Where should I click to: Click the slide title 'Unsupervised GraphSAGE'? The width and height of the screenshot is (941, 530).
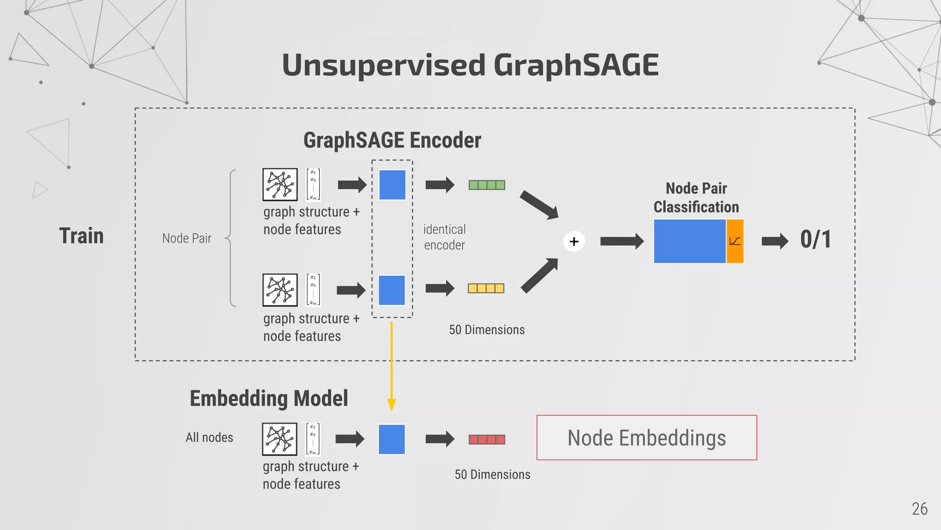[470, 65]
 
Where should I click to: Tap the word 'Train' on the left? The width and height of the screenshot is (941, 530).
[81, 236]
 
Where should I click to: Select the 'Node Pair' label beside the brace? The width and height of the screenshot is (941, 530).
[187, 238]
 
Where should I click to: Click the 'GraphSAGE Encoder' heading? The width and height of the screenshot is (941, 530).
[392, 140]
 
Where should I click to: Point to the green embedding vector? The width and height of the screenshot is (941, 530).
[487, 185]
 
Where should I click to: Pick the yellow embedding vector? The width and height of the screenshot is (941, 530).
[486, 288]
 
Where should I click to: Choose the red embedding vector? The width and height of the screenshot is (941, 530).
[487, 439]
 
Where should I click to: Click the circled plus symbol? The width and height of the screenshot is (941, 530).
[574, 242]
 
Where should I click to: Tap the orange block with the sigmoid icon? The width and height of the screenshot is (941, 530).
[735, 241]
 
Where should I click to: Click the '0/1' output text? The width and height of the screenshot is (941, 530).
[816, 240]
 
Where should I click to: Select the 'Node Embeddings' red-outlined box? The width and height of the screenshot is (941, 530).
[646, 438]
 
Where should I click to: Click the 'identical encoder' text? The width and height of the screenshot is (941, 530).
[444, 237]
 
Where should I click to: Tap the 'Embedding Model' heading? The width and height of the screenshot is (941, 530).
[269, 398]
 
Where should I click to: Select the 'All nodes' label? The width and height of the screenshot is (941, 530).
[209, 438]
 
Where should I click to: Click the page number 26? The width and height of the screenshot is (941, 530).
[919, 509]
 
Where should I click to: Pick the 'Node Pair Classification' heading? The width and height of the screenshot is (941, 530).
[696, 198]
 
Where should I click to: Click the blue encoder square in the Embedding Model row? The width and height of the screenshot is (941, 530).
[392, 439]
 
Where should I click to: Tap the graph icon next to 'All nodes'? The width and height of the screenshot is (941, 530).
[279, 439]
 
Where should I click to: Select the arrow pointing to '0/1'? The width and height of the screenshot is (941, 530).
[775, 241]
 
